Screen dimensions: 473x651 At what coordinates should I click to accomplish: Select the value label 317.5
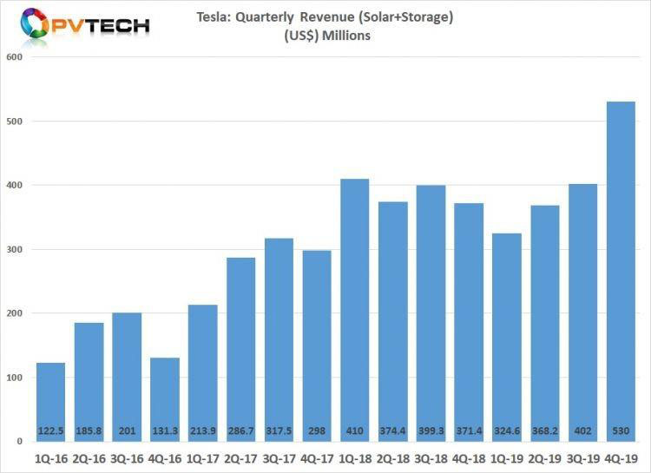point(279,430)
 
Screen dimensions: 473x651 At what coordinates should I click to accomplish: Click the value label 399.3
point(431,430)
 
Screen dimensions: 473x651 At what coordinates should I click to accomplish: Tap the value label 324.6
point(506,430)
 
